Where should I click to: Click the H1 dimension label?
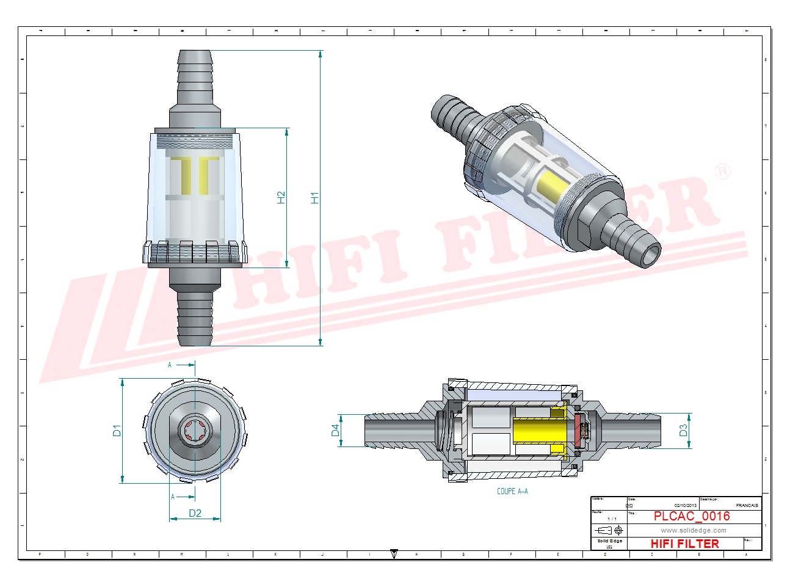(x=315, y=198)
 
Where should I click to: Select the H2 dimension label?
(x=281, y=198)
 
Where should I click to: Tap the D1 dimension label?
(x=117, y=431)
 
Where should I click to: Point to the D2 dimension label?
(x=195, y=513)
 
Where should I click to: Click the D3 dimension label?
(x=683, y=431)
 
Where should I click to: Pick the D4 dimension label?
(x=335, y=431)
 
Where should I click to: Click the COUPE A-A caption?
(x=512, y=491)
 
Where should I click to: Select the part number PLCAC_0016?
(x=692, y=516)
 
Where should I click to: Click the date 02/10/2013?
(x=685, y=505)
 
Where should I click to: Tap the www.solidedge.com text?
(x=694, y=530)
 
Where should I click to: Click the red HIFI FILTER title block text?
(x=684, y=544)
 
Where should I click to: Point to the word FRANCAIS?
(x=747, y=505)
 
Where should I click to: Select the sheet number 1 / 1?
(x=612, y=519)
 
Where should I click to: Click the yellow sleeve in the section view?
(x=534, y=431)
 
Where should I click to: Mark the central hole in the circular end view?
(x=195, y=431)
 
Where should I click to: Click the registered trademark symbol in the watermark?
(x=722, y=172)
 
